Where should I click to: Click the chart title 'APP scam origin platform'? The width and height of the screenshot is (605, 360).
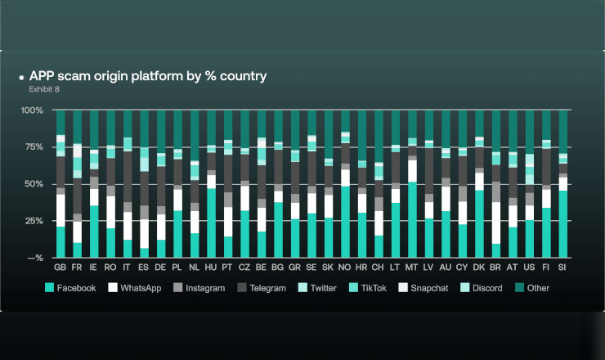(x=147, y=77)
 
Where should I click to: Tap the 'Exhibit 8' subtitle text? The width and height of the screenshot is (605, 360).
(x=43, y=88)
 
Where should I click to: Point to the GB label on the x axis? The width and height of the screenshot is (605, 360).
(x=60, y=268)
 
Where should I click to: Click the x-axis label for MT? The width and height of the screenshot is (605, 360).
(x=411, y=268)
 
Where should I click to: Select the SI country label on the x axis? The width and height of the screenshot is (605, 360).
(x=562, y=268)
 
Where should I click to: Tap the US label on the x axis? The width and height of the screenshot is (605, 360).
(x=529, y=268)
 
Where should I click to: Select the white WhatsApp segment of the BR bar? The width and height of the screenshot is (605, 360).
(x=495, y=223)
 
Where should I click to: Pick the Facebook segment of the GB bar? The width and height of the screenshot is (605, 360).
(x=60, y=242)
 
